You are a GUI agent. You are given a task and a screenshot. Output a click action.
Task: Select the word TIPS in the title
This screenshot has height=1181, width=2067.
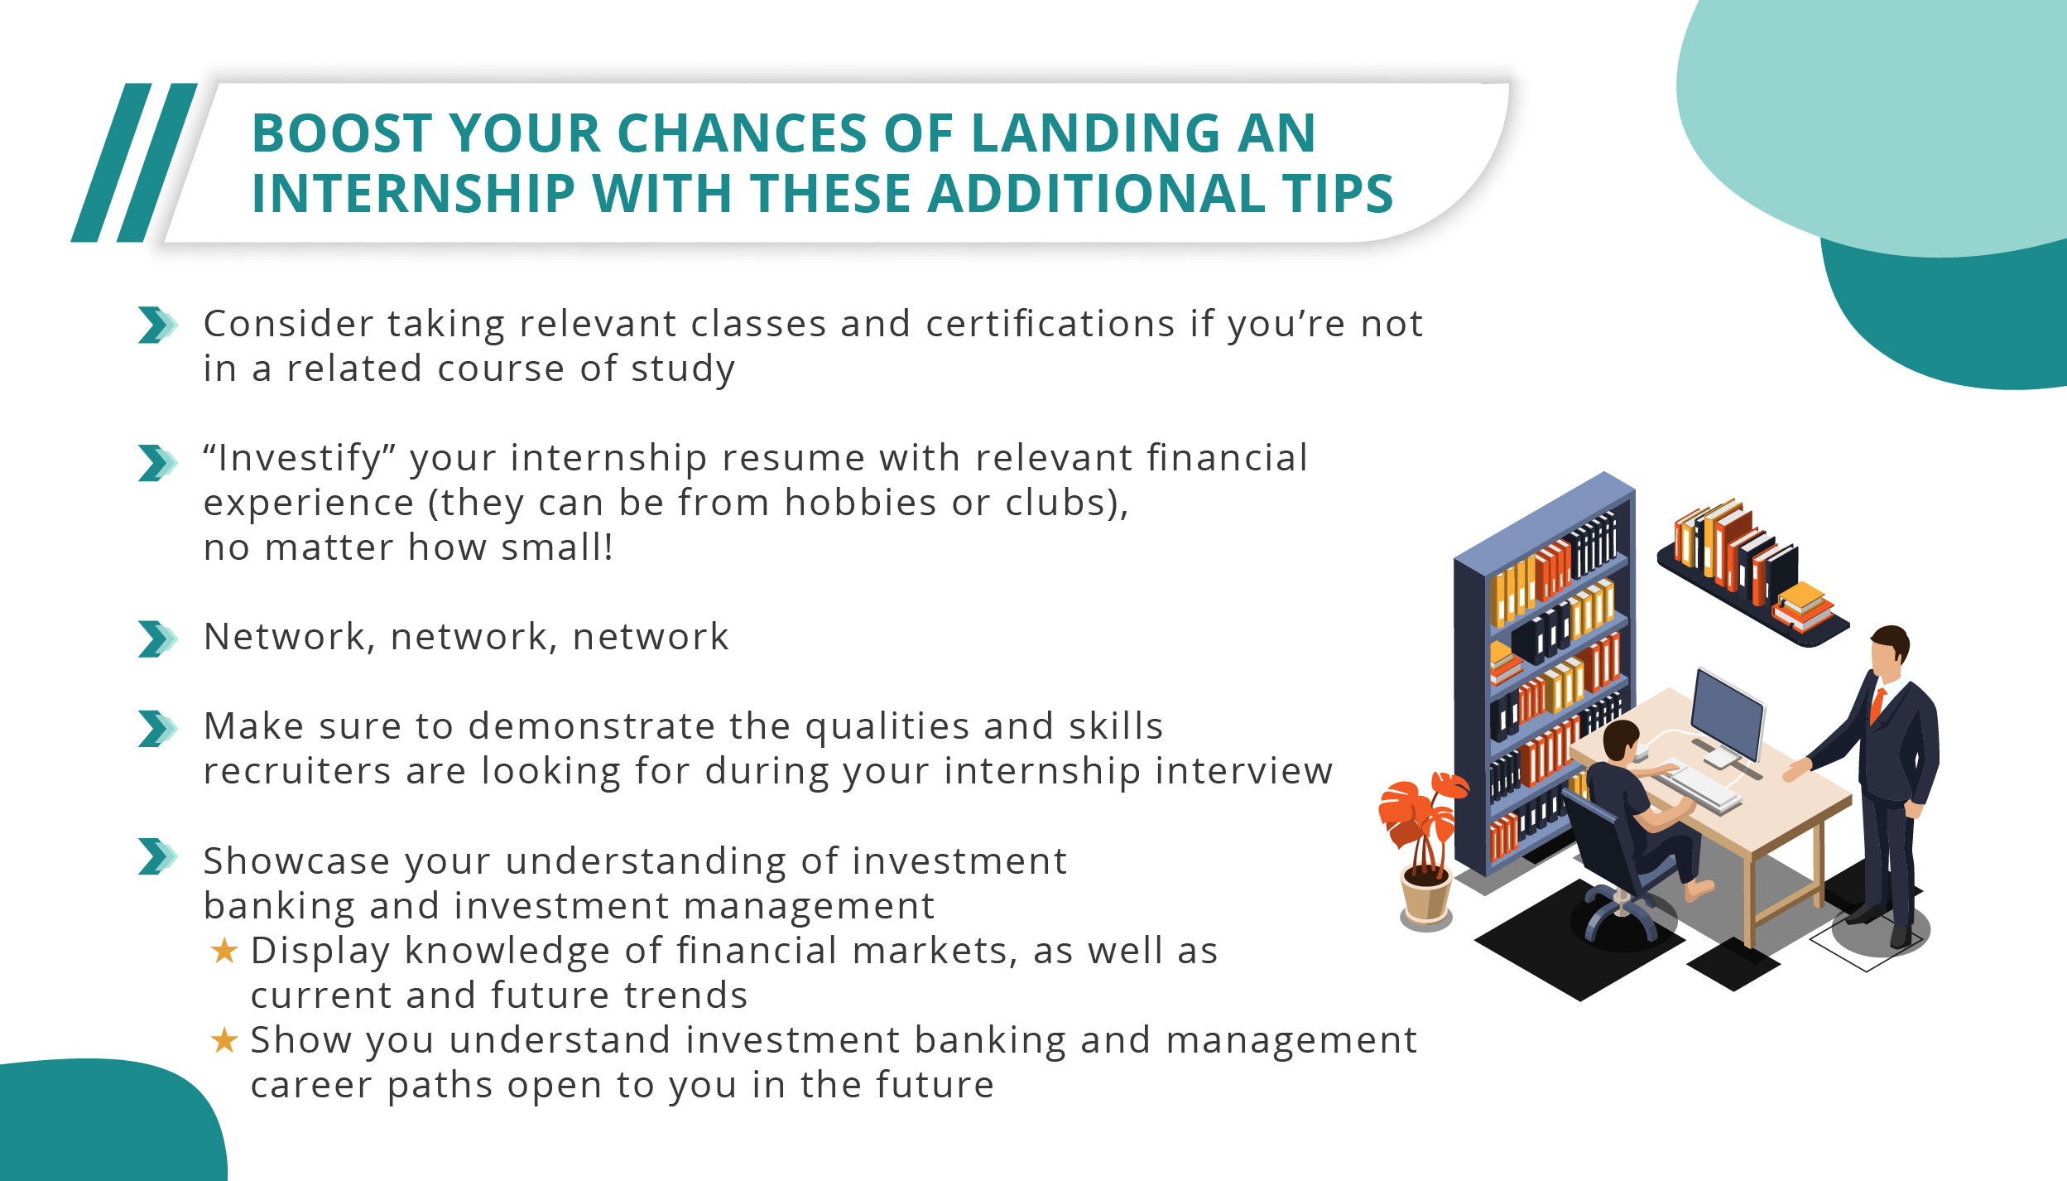[x=1338, y=194]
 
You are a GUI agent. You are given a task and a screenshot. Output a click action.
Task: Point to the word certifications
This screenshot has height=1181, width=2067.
[x=1050, y=324]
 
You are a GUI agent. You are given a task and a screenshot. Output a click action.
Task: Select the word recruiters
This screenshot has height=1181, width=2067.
[x=296, y=771]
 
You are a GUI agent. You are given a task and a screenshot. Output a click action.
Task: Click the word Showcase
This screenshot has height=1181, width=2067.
[x=296, y=861]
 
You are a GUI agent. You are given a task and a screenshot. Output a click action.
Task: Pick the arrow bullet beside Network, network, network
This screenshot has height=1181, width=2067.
[x=156, y=639]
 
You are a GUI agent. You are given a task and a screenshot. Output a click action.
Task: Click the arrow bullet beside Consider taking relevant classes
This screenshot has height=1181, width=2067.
[x=156, y=325]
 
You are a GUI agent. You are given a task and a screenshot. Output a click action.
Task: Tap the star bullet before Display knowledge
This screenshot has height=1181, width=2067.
[x=224, y=951]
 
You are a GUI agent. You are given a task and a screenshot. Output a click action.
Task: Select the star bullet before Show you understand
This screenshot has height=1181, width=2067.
[x=224, y=1040]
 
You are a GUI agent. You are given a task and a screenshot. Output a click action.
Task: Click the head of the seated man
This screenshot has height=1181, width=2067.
[x=1620, y=740]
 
